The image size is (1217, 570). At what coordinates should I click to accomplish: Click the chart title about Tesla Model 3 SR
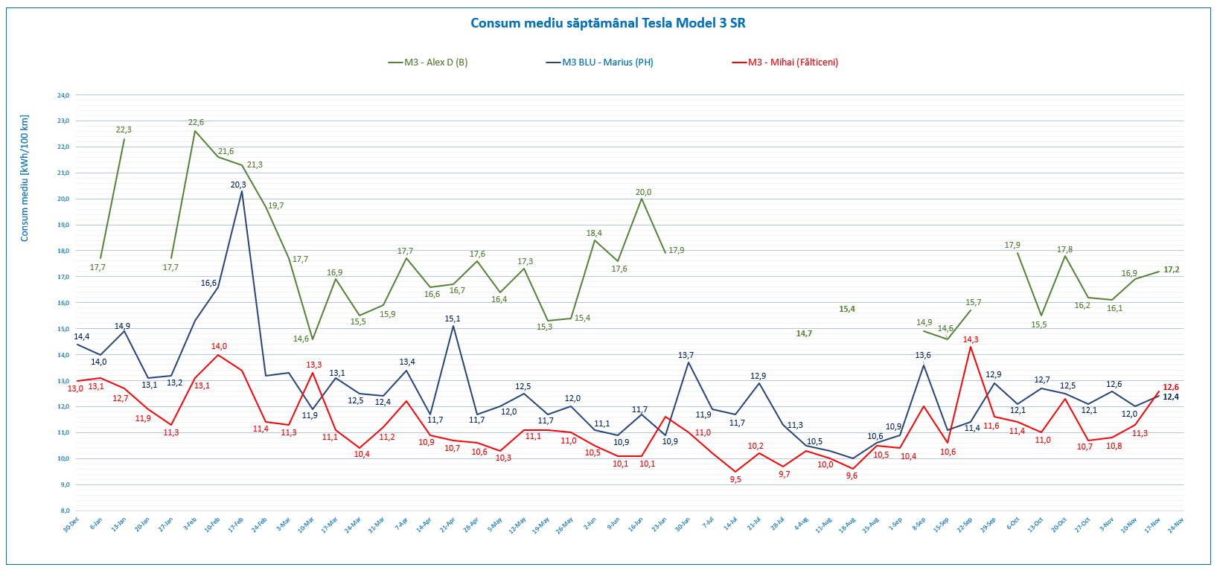click(x=608, y=22)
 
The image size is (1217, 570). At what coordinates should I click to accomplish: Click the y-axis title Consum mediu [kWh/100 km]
click(x=25, y=178)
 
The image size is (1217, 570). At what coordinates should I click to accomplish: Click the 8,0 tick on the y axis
click(x=64, y=510)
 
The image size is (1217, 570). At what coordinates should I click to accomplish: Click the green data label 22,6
click(x=196, y=122)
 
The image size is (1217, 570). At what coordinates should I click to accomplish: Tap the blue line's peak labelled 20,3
click(x=238, y=185)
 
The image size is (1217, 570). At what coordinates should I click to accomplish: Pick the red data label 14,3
click(x=971, y=339)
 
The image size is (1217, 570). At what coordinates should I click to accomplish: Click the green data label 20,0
click(x=644, y=192)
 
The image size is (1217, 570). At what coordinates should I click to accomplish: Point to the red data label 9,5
click(x=735, y=479)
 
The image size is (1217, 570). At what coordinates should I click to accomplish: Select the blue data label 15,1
click(x=453, y=318)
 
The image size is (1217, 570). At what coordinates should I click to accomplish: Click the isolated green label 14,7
click(x=804, y=333)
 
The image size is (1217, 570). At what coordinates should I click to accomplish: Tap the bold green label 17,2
click(x=1171, y=269)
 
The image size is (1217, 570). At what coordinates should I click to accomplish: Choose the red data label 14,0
click(x=219, y=346)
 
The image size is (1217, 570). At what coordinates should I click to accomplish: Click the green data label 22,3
click(x=124, y=129)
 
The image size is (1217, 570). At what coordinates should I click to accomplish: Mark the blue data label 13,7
click(x=686, y=355)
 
